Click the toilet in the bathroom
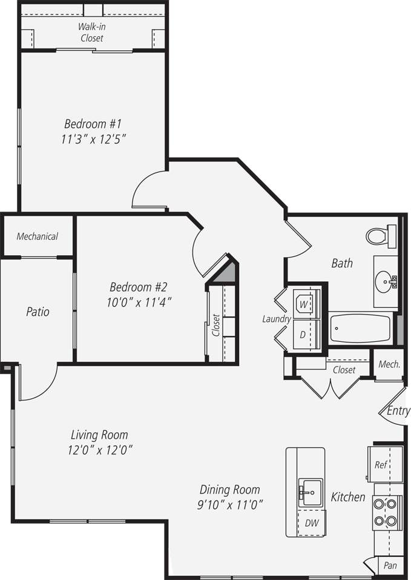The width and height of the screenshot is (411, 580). [x=380, y=236]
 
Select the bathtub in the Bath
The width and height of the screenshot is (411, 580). [x=361, y=328]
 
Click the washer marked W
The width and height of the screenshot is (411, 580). [x=303, y=302]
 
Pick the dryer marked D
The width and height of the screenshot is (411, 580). [x=303, y=335]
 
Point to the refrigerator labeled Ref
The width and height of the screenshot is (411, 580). [x=381, y=465]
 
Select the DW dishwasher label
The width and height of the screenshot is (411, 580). [x=311, y=522]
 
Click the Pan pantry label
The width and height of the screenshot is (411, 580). [x=390, y=565]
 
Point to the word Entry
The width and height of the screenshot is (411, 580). [x=398, y=411]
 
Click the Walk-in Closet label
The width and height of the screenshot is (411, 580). [x=91, y=32]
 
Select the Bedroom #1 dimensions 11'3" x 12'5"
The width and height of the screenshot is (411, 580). [x=93, y=139]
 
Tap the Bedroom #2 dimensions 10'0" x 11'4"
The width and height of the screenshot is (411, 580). [x=137, y=301]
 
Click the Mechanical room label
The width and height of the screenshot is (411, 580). [x=37, y=236]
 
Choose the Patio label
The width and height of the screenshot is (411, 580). [x=38, y=312]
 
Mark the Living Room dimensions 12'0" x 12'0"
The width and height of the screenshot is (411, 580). [x=100, y=450]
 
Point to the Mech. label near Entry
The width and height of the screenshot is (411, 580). [x=389, y=364]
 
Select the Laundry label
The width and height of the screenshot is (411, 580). [x=277, y=319]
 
